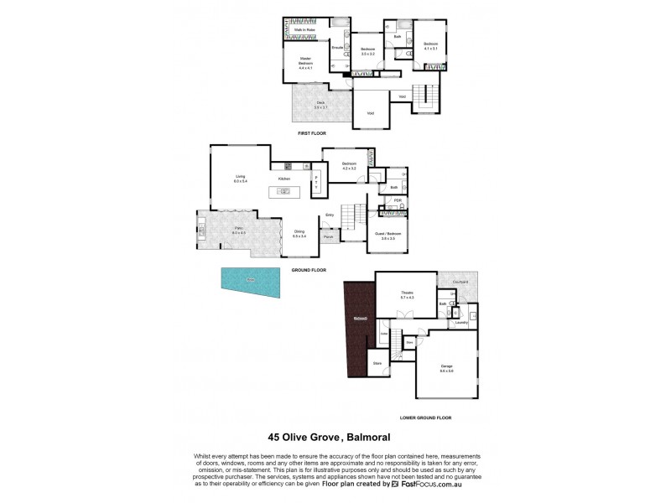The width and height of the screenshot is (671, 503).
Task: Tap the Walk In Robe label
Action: (303, 30)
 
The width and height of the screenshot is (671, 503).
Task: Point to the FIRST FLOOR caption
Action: (311, 134)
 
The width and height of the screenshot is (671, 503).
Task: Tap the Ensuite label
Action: (338, 49)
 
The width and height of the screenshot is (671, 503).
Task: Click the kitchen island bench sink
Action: (284, 191)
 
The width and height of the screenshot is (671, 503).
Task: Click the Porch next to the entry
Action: (328, 237)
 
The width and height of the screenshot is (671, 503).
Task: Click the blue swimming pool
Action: (250, 282)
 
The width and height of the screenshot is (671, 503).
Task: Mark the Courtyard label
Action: (460, 282)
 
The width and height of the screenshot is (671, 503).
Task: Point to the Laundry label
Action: (460, 322)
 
